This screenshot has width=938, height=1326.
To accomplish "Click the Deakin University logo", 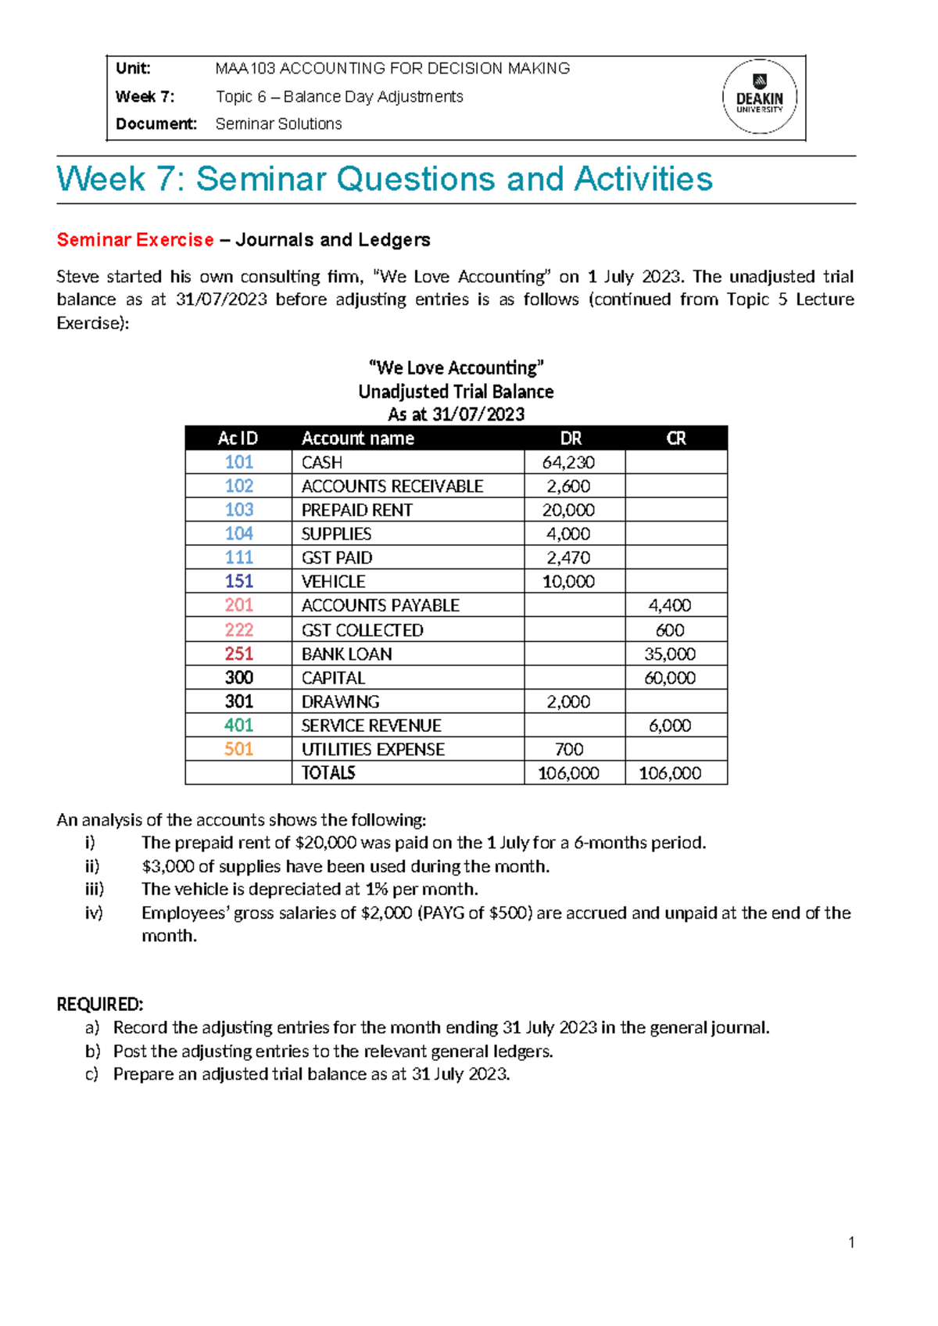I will click(x=759, y=97).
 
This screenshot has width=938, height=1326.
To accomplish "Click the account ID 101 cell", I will click(x=238, y=462).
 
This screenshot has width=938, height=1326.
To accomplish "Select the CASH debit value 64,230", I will click(x=568, y=462).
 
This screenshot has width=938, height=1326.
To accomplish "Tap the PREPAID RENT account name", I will click(x=356, y=510).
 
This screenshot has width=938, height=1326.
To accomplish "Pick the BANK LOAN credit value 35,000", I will click(x=670, y=654).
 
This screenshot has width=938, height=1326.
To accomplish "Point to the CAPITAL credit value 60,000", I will click(x=670, y=678).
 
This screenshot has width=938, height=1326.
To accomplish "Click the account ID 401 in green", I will click(x=238, y=726).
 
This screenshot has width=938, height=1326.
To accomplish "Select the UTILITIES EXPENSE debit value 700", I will click(x=568, y=749).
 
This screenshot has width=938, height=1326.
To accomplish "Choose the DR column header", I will click(x=571, y=439).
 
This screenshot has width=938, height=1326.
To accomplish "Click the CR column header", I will click(x=676, y=439).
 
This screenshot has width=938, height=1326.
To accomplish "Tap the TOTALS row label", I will click(x=328, y=773).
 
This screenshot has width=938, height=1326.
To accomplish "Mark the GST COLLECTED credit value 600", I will click(x=670, y=630).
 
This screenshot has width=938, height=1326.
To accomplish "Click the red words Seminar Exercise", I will click(x=135, y=240).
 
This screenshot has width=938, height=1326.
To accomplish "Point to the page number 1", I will click(x=851, y=1242).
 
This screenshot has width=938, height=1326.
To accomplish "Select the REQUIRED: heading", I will click(x=100, y=1005).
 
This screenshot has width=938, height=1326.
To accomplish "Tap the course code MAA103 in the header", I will click(x=245, y=69).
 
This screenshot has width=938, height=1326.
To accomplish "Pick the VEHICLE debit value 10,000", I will click(x=568, y=582).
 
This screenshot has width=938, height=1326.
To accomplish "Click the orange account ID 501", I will click(x=238, y=749).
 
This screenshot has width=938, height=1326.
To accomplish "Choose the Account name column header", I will click(x=358, y=439).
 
